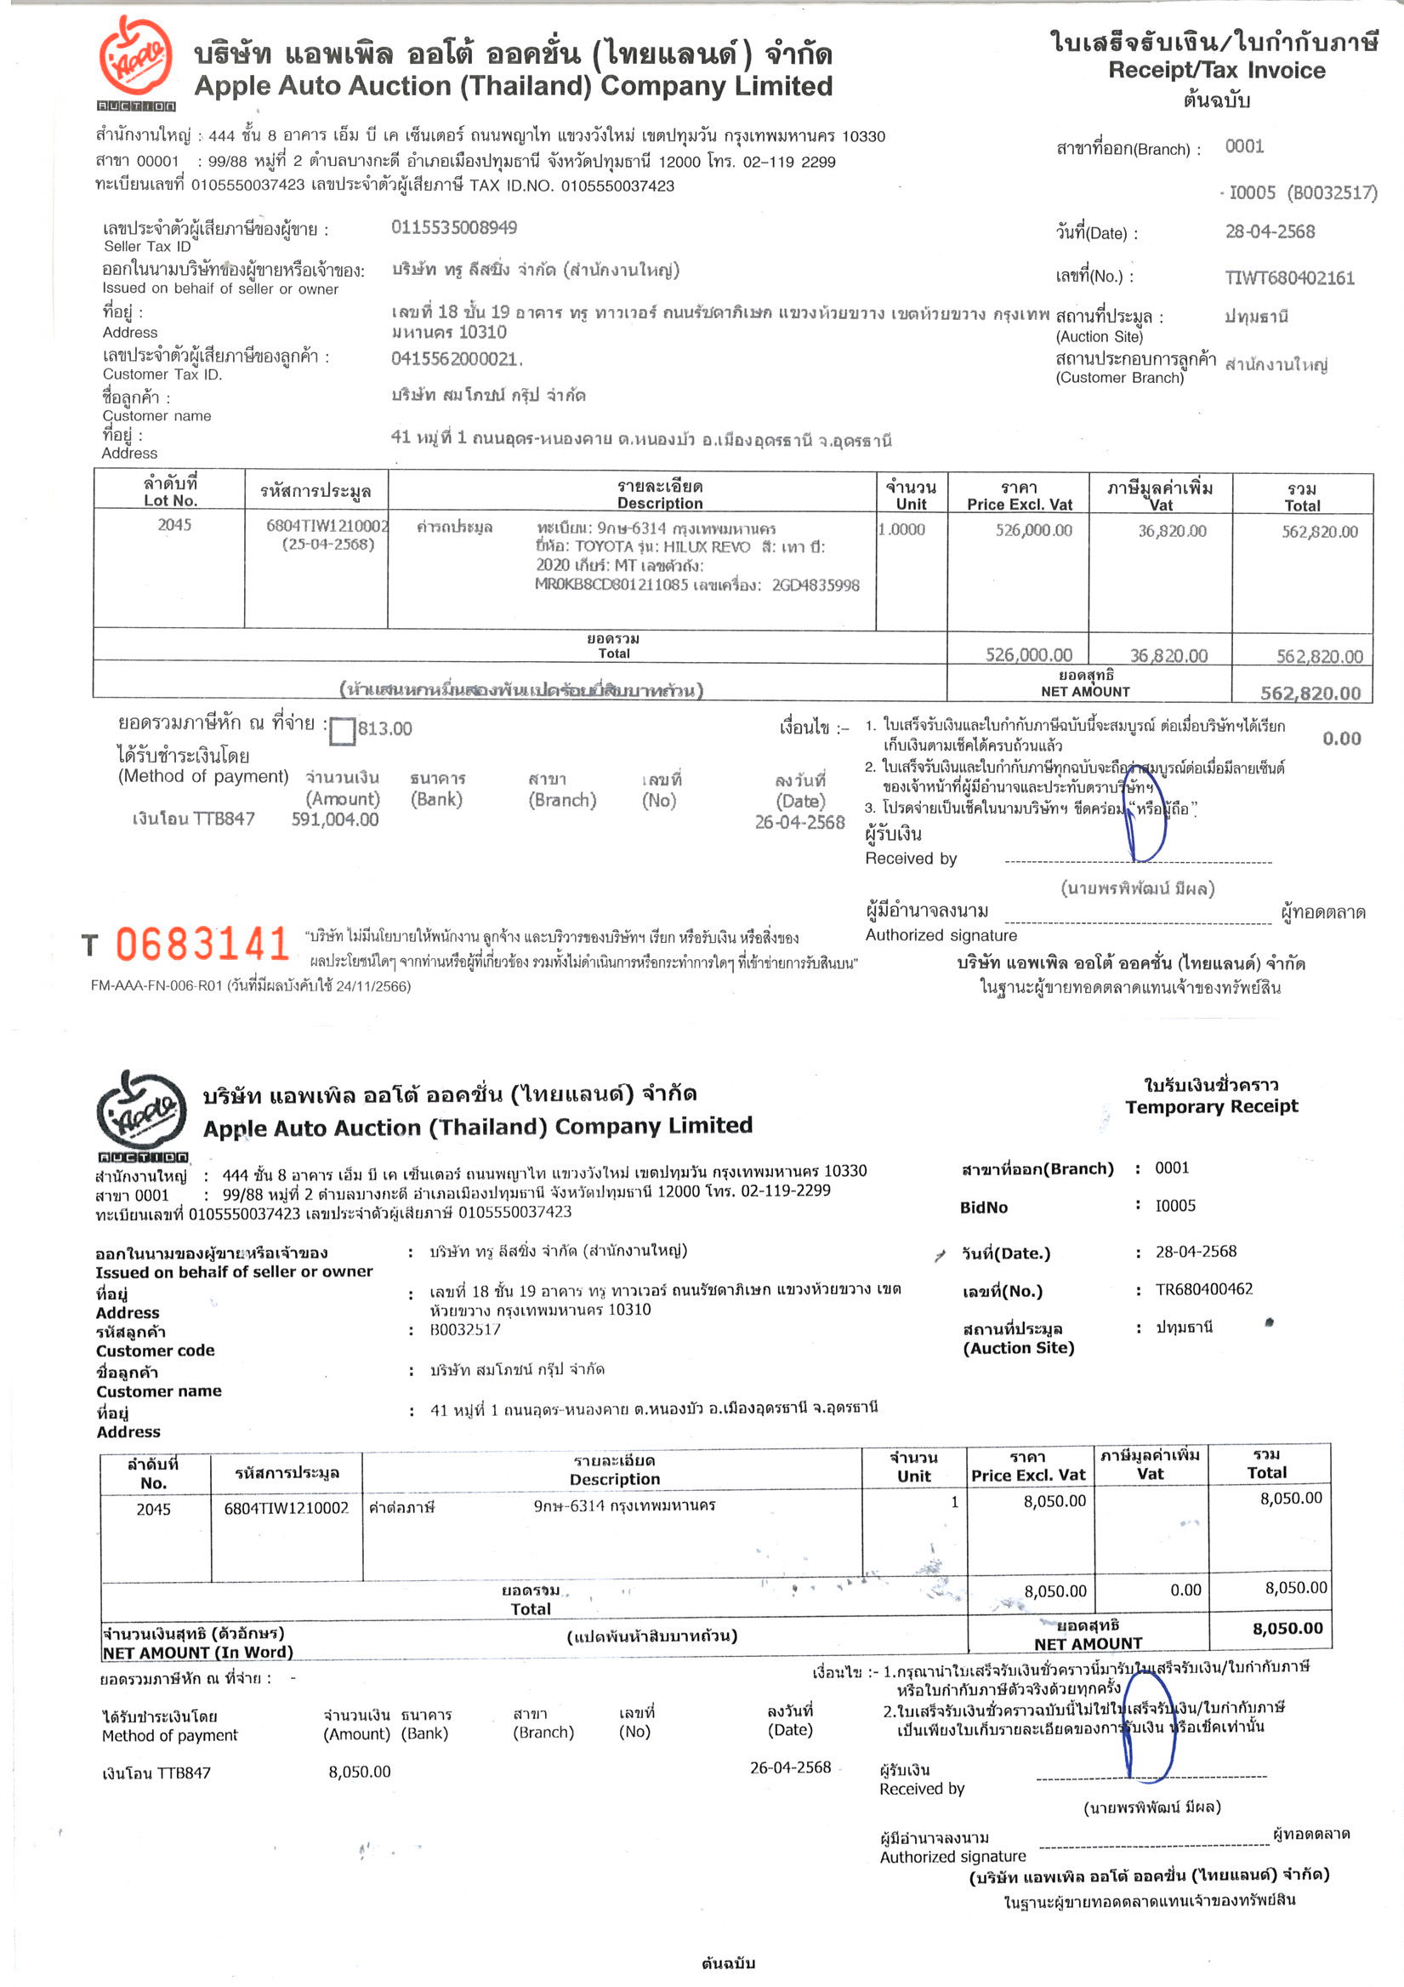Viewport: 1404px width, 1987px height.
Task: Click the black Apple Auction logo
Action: [x=141, y=1113]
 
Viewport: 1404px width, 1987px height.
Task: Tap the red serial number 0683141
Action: [x=202, y=945]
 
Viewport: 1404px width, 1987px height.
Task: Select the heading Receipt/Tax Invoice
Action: [x=1216, y=70]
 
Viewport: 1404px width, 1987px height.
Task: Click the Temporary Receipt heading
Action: [x=1211, y=1106]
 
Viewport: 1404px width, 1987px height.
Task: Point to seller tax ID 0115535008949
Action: [x=454, y=227]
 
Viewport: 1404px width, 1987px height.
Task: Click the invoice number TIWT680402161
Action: [x=1289, y=277]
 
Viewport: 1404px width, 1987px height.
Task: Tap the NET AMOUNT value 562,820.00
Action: [x=1310, y=693]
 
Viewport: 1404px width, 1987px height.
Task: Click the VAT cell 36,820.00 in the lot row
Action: [x=1171, y=530]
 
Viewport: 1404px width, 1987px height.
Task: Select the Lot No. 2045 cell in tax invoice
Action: [x=173, y=524]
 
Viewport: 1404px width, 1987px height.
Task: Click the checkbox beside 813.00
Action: [x=343, y=730]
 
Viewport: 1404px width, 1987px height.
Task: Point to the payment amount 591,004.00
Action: [x=335, y=819]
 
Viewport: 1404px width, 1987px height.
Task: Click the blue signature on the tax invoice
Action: [x=1145, y=818]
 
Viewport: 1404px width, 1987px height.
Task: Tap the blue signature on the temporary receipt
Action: [x=1149, y=1729]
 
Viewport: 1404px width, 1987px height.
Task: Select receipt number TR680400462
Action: [x=1203, y=1288]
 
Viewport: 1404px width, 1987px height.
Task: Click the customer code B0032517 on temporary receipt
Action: [x=464, y=1329]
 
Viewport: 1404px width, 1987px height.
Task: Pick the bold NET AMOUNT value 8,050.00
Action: [x=1287, y=1628]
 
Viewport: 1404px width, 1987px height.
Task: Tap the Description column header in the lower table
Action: [x=614, y=1470]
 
